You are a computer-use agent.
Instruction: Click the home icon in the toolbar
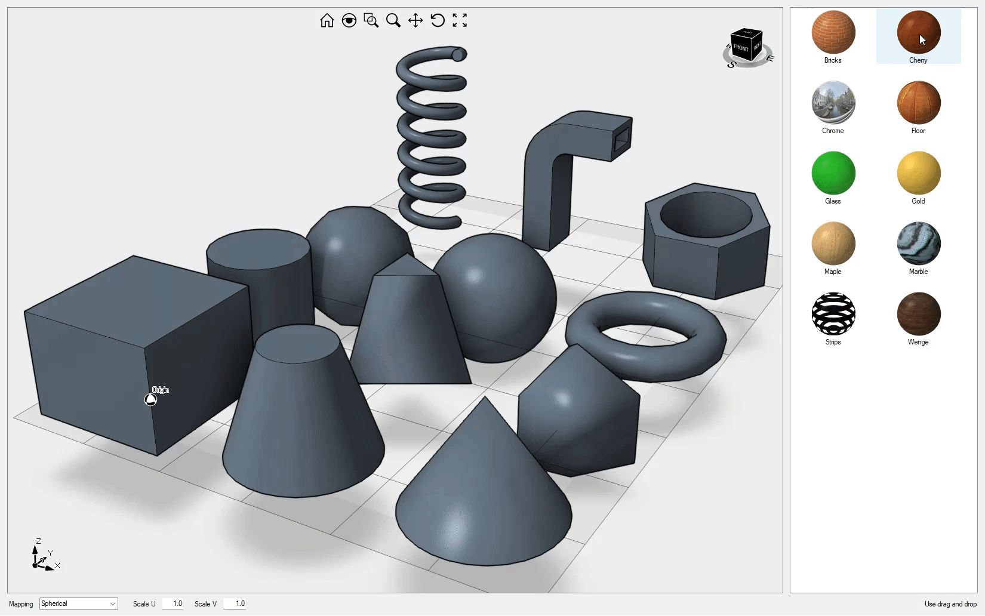[x=327, y=20]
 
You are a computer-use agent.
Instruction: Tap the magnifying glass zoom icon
[x=393, y=20]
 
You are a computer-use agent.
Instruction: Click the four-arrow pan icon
[x=415, y=20]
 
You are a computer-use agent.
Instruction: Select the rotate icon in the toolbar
[x=438, y=20]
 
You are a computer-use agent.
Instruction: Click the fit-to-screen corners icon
[x=460, y=20]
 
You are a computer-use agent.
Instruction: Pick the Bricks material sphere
[x=833, y=32]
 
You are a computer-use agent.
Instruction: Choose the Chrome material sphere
[x=833, y=103]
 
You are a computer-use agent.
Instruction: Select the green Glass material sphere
[x=833, y=173]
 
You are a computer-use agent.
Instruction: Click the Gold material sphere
[x=919, y=173]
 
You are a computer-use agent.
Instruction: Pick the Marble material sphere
[x=919, y=243]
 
